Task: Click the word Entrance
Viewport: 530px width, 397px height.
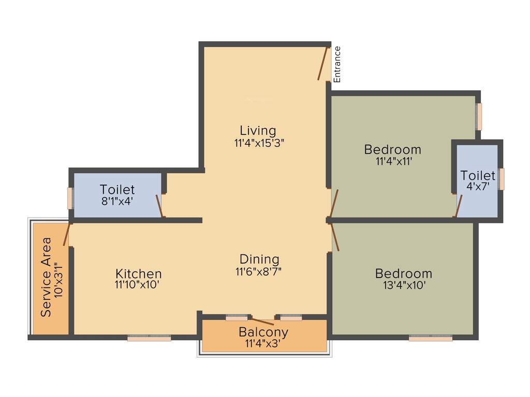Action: [337, 65]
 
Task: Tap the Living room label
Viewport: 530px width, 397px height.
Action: [258, 130]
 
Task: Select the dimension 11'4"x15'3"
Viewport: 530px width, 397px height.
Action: [259, 143]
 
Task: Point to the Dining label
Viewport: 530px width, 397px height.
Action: [259, 259]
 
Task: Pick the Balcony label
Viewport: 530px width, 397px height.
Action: [263, 332]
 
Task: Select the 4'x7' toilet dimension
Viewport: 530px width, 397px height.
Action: [478, 186]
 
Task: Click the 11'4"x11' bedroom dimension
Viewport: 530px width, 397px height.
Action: [393, 161]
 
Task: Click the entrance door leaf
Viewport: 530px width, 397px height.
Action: [323, 64]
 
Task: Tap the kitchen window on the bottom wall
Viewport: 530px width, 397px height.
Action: [150, 338]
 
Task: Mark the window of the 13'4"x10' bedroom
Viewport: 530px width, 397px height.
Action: [431, 338]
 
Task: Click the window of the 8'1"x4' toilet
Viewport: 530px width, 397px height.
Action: [70, 198]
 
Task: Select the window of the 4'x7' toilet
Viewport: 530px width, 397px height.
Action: [502, 179]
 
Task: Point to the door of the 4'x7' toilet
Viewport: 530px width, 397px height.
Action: [459, 206]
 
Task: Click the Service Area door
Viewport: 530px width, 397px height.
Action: [66, 235]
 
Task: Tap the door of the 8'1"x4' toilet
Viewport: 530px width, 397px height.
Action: [160, 205]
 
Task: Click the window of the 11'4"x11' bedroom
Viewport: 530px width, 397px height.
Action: [480, 117]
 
